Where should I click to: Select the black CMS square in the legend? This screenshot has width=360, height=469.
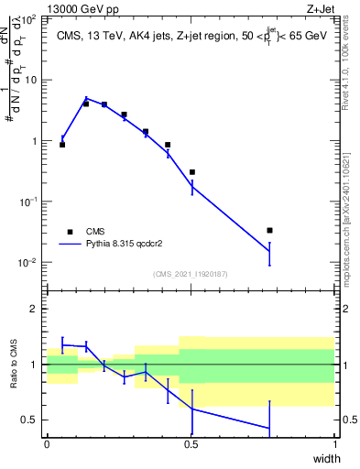coord(70,232)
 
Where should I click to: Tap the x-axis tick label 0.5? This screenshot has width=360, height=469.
coord(191,444)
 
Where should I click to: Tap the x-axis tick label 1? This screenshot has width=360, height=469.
coord(335,444)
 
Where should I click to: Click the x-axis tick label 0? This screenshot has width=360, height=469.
coord(47,444)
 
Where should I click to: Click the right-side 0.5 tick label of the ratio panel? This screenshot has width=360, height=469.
coord(349,420)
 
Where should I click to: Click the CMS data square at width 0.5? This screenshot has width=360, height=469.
coord(192,172)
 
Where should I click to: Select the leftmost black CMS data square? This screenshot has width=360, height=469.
coord(62,145)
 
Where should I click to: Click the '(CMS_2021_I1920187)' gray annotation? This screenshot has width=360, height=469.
coord(191,274)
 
